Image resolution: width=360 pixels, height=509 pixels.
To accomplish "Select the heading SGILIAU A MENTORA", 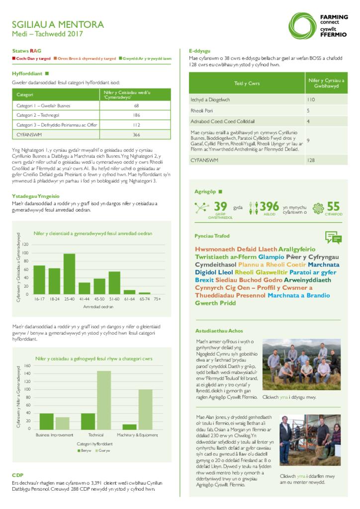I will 58,24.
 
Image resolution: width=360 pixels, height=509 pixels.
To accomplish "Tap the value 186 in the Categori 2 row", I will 136,115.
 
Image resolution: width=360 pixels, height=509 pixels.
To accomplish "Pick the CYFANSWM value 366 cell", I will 136,135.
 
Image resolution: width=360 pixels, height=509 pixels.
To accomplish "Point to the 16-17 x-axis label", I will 39,299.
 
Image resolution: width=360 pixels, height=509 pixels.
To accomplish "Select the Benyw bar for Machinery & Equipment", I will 129,426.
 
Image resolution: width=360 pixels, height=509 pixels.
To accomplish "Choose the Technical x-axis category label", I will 96,435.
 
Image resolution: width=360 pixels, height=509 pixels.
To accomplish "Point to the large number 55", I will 333,206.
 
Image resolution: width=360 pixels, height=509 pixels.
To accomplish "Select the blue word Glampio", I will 271,257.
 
